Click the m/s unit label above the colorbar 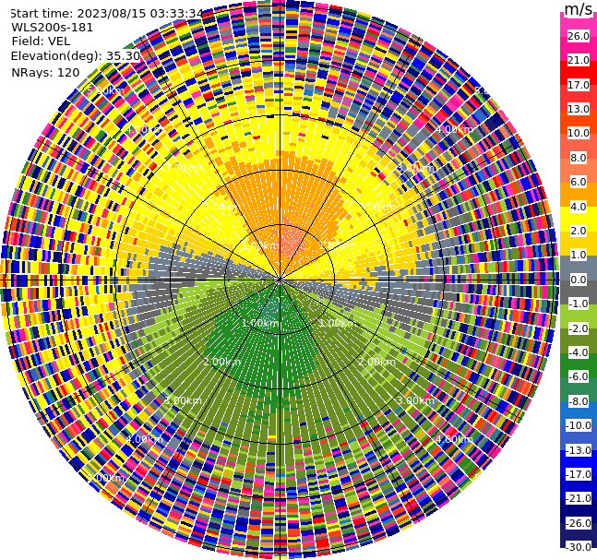tap(578, 9)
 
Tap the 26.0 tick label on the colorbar tap(578, 36)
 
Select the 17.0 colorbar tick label tap(578, 85)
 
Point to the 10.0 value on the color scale tap(578, 133)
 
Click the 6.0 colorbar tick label tap(578, 182)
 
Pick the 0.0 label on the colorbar tap(578, 280)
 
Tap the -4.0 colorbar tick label tap(578, 352)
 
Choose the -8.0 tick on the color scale tap(578, 401)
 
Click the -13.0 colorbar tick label tap(578, 450)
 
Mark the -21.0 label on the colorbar tap(578, 498)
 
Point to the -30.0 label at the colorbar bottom tap(578, 547)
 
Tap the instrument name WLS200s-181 tap(53, 27)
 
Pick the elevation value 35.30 tap(123, 55)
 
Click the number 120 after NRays tap(68, 72)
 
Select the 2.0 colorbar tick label tap(578, 231)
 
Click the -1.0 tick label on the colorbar tap(578, 304)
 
